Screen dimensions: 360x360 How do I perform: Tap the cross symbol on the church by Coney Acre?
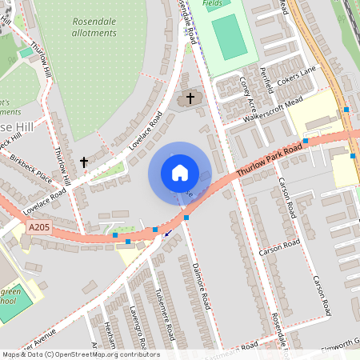click(x=190, y=98)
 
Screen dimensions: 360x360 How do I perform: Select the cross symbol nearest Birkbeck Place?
click(x=84, y=162)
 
